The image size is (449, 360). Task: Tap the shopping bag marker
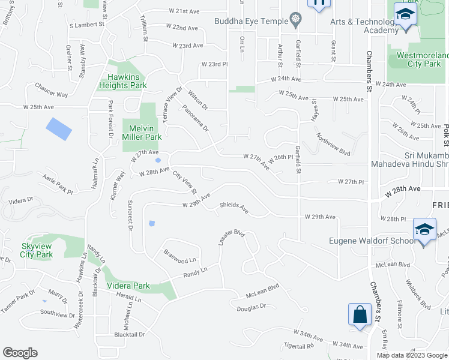click(x=360, y=314)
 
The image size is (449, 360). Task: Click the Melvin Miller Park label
click(x=142, y=133)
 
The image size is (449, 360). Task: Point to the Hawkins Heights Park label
click(x=127, y=81)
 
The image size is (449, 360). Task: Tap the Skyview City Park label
click(x=37, y=250)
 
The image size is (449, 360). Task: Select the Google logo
click(x=20, y=353)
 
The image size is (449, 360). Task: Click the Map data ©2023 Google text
click(x=411, y=355)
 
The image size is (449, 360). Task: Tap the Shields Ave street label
click(x=234, y=206)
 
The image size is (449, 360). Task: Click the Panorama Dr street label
click(x=196, y=119)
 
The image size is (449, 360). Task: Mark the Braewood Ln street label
click(x=179, y=256)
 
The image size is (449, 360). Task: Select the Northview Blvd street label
click(x=333, y=144)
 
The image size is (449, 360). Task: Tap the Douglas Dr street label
click(x=251, y=306)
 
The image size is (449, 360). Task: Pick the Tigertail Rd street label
click(x=299, y=346)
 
